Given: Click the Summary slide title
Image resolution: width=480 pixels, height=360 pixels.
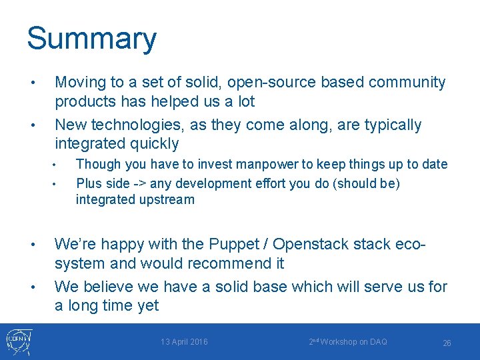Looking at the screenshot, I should (91, 39).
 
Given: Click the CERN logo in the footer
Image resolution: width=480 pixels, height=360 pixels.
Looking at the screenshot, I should (17, 341).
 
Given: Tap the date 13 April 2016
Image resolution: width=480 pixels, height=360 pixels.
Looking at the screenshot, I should (184, 342).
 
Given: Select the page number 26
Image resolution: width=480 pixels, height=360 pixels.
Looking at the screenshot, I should (447, 343).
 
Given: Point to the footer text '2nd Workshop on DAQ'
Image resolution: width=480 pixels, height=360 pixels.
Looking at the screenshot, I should (347, 342).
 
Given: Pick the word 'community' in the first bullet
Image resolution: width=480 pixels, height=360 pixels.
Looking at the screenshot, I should (407, 83).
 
